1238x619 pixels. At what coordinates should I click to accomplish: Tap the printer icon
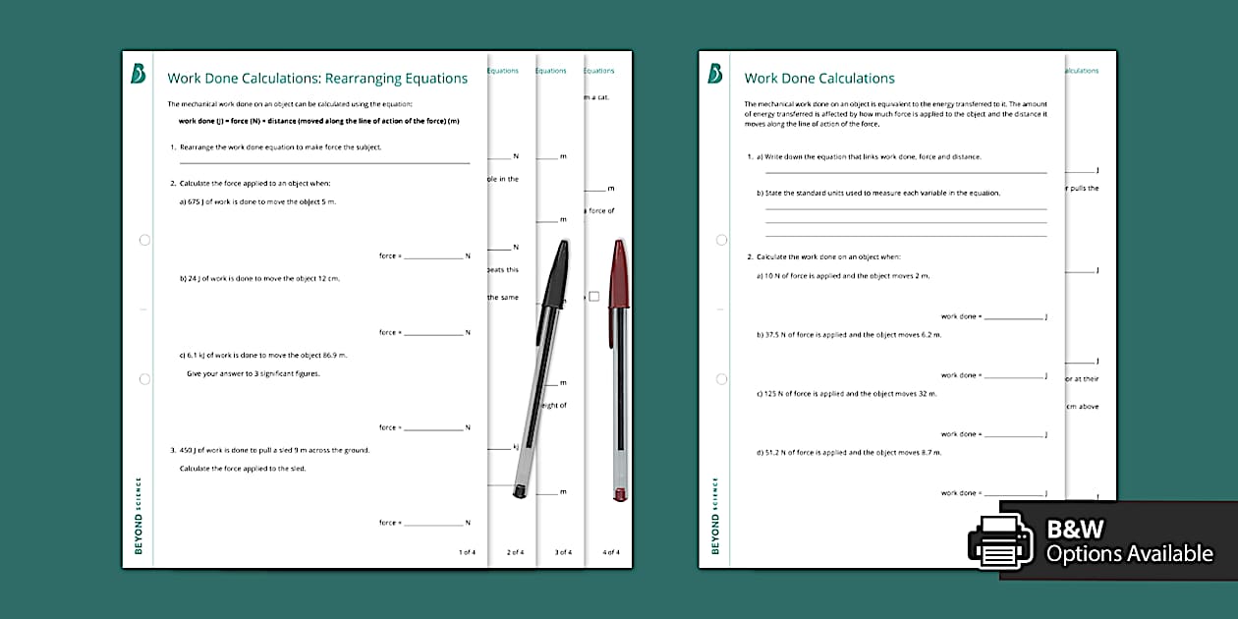(1000, 541)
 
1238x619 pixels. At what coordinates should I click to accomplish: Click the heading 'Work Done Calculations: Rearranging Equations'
(317, 79)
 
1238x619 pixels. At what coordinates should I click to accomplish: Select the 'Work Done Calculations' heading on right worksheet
(819, 79)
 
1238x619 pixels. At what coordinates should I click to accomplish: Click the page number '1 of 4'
(467, 552)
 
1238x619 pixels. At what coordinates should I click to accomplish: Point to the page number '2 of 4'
(515, 552)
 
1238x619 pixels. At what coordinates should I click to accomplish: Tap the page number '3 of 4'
(563, 552)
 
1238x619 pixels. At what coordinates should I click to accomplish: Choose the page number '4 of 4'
(611, 552)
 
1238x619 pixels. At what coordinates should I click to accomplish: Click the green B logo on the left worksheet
(139, 74)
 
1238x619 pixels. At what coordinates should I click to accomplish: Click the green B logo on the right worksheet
(715, 74)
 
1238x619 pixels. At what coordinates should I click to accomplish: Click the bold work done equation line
(318, 121)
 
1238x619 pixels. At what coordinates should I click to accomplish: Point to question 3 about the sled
(274, 450)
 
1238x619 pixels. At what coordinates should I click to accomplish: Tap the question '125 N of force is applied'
(846, 393)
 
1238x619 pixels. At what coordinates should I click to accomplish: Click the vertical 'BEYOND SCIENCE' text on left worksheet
(139, 516)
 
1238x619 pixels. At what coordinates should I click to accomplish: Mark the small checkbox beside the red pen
(593, 296)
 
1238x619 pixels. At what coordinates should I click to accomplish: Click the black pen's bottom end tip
(520, 490)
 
